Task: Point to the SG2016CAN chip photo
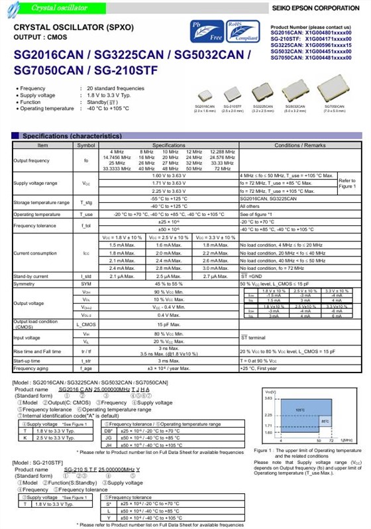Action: pyautogui.click(x=205, y=95)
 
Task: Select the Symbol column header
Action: pyautogui.click(x=86, y=145)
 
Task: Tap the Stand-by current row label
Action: pyautogui.click(x=30, y=276)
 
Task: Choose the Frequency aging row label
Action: pyautogui.click(x=32, y=368)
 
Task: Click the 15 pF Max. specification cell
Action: pyautogui.click(x=168, y=325)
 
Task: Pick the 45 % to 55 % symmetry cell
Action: pyautogui.click(x=168, y=284)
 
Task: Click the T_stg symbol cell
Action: pyautogui.click(x=86, y=202)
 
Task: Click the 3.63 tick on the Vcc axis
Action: pyautogui.click(x=270, y=398)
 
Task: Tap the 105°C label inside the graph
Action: pyautogui.click(x=299, y=410)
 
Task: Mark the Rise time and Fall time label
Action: pyautogui.click(x=38, y=351)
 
